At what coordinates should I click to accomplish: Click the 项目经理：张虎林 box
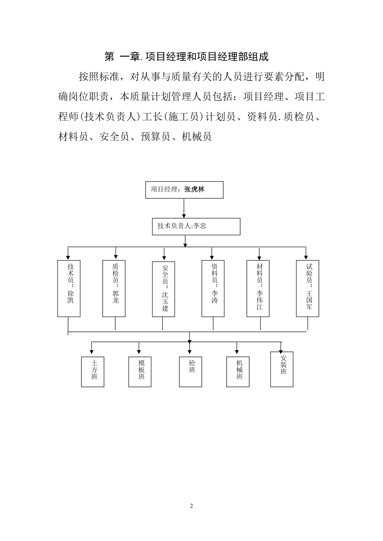tap(184, 190)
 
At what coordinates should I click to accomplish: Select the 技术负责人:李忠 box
tap(196, 227)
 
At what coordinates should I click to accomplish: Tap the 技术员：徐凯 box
tap(69, 288)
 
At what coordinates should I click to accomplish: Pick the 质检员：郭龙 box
tap(114, 288)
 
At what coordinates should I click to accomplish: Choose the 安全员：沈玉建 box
tap(164, 289)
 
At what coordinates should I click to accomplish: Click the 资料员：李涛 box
tap(213, 288)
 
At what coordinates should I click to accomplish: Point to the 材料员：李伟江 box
tap(258, 288)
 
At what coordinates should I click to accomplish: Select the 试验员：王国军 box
tap(308, 288)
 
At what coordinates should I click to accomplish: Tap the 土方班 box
tap(93, 372)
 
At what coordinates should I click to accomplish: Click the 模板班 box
tap(140, 372)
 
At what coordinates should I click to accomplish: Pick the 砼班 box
tap(191, 372)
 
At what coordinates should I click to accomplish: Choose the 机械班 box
tap(238, 372)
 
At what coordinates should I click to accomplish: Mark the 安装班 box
tap(282, 370)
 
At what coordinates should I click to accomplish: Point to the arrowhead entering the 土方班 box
tap(92, 353)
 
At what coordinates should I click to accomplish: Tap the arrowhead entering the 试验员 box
tap(306, 256)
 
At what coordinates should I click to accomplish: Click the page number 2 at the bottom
tap(191, 506)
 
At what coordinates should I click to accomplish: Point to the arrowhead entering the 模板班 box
tap(139, 353)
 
